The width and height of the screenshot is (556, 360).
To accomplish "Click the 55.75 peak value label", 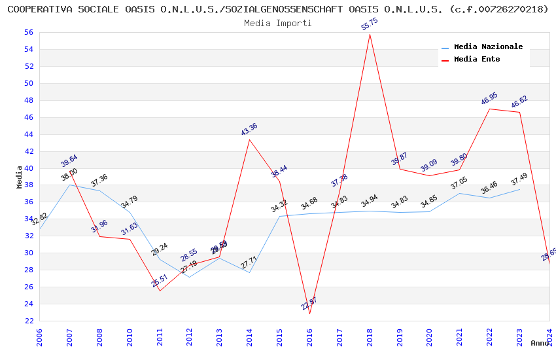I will coord(369,24).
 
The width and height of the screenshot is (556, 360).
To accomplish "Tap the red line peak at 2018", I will coord(370,34).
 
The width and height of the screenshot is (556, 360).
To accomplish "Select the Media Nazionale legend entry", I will coord(488,47).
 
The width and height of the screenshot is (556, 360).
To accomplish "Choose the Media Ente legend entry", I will coord(477,60).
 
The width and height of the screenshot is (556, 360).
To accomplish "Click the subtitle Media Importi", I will coord(278,23).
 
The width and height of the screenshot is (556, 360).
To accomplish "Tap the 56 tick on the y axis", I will coord(29,32).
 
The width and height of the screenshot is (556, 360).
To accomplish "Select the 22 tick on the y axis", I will coord(29,321).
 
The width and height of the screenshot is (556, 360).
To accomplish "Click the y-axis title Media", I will coord(19,177).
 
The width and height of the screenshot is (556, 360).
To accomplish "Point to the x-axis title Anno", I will coord(540,343).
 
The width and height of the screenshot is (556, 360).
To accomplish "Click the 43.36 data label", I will coord(249,129).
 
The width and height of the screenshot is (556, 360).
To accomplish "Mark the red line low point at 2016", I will coord(309,314).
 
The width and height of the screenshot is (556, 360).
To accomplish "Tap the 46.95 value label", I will coord(489,98).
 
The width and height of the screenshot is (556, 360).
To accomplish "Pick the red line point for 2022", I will coord(489,109).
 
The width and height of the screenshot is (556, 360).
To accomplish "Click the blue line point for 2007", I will coord(69,185).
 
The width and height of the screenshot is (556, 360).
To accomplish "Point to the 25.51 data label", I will coord(160,281).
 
